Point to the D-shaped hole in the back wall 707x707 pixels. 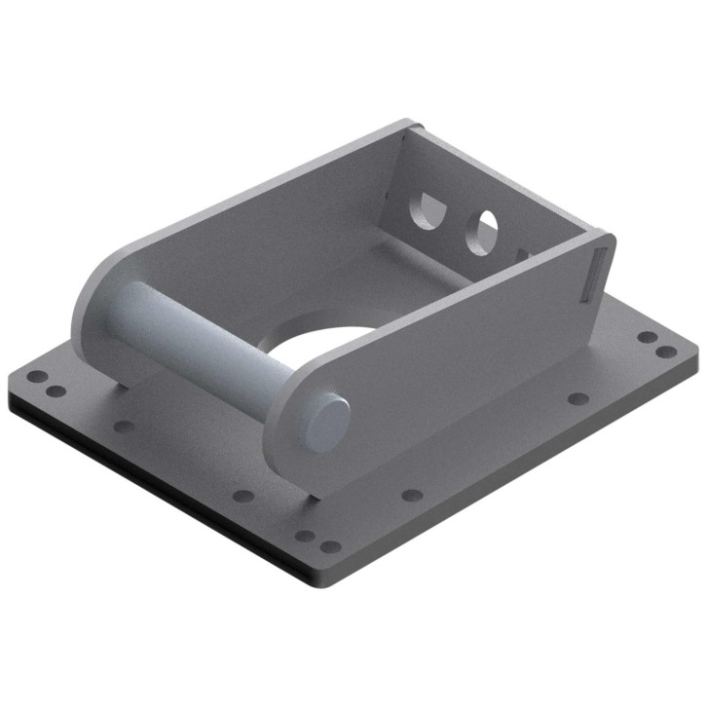425,208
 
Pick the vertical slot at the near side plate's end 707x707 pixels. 596,274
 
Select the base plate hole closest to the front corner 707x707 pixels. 331,546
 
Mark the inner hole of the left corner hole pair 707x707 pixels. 56,391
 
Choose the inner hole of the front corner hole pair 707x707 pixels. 305,535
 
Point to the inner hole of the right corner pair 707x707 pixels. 647,337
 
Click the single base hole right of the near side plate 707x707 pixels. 578,398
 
